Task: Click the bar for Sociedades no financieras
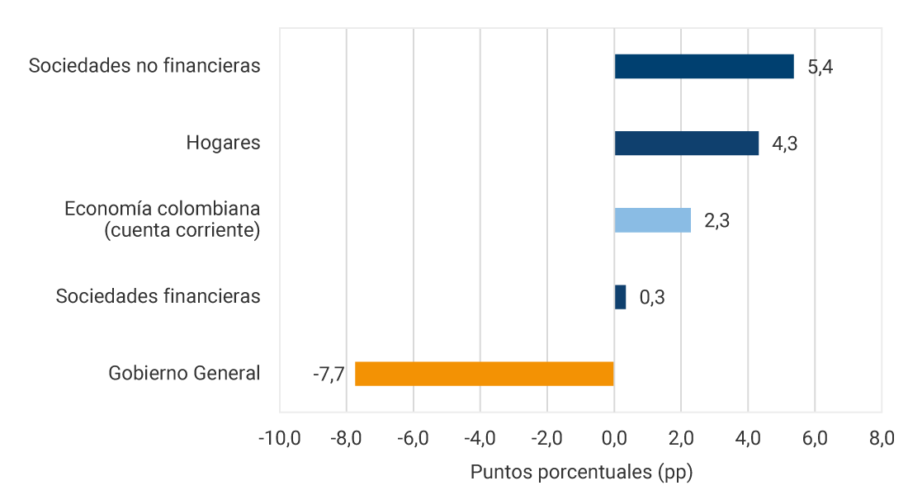point(704,66)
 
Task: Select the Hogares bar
point(686,144)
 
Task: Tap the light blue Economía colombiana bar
point(652,220)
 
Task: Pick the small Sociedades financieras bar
point(620,297)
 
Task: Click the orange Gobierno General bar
point(485,374)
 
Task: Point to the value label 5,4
point(821,67)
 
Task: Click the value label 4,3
point(785,144)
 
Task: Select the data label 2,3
point(716,221)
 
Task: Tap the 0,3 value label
point(652,297)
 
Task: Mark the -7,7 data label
point(328,375)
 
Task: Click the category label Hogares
point(223,143)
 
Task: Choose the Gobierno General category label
point(184,374)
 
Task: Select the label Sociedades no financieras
point(144,66)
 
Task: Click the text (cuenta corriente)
point(182,231)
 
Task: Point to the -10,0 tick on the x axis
point(279,438)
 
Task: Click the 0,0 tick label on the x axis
point(614,438)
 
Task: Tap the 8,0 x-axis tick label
point(882,438)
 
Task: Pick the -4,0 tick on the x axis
point(480,438)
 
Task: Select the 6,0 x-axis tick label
point(815,438)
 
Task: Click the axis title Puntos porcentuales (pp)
point(581,473)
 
